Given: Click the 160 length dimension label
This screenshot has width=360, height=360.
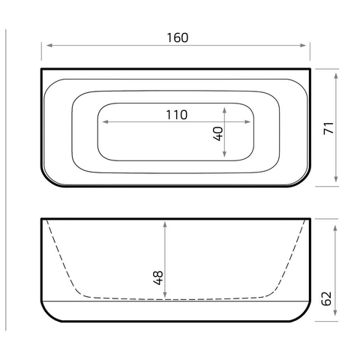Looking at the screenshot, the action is coord(178,37).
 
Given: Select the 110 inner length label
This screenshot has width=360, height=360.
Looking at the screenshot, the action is coord(177,115).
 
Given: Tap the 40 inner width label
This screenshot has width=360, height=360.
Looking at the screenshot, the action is coord(218,133).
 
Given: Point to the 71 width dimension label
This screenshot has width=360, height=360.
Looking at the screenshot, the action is coord(328,128).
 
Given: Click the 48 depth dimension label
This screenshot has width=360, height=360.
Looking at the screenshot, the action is coord(158,277).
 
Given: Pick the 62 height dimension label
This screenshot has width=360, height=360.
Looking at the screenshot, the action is coord(326,298).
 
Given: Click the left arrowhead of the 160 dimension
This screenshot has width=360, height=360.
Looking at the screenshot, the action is coord(49,45).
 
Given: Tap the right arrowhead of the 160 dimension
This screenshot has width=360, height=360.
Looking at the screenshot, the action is coord(303,45).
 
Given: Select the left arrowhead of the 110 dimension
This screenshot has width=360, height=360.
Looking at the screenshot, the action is coord(106,121).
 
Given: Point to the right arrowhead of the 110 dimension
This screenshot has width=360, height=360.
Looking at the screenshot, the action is coord(247,121).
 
